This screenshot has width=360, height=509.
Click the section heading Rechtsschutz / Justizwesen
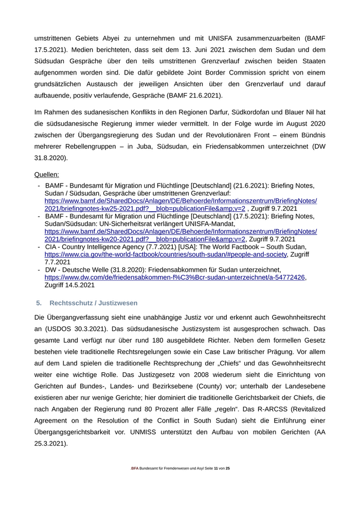pos(94,303)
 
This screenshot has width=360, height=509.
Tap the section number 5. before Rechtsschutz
pos(39,303)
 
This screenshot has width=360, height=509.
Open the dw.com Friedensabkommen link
pos(175,277)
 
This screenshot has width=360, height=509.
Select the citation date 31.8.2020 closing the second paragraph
pos(51,158)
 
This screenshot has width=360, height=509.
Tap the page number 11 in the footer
pos(216,469)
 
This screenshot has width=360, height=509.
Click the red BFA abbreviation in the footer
pos(135,469)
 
